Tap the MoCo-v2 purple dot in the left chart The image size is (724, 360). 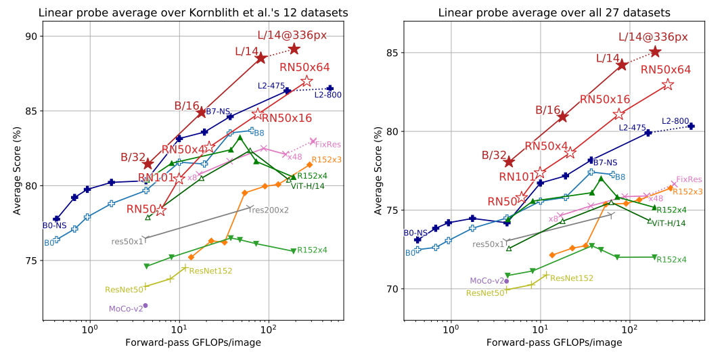pos(145,305)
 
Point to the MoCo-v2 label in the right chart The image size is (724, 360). pos(486,281)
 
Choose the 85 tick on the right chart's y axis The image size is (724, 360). pos(394,53)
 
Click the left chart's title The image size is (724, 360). pos(193,12)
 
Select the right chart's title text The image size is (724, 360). pos(554,12)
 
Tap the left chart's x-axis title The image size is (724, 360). pos(193,344)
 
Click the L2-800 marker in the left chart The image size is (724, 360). pos(330,88)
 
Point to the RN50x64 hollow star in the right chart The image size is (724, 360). pos(668,85)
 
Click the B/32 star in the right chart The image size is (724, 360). pos(509,162)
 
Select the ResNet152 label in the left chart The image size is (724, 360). pos(211,271)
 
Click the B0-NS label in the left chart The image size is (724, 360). pos(55,226)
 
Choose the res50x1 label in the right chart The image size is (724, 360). pos(489,244)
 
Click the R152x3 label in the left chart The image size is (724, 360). pos(326,160)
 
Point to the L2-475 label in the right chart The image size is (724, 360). pos(632,127)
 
